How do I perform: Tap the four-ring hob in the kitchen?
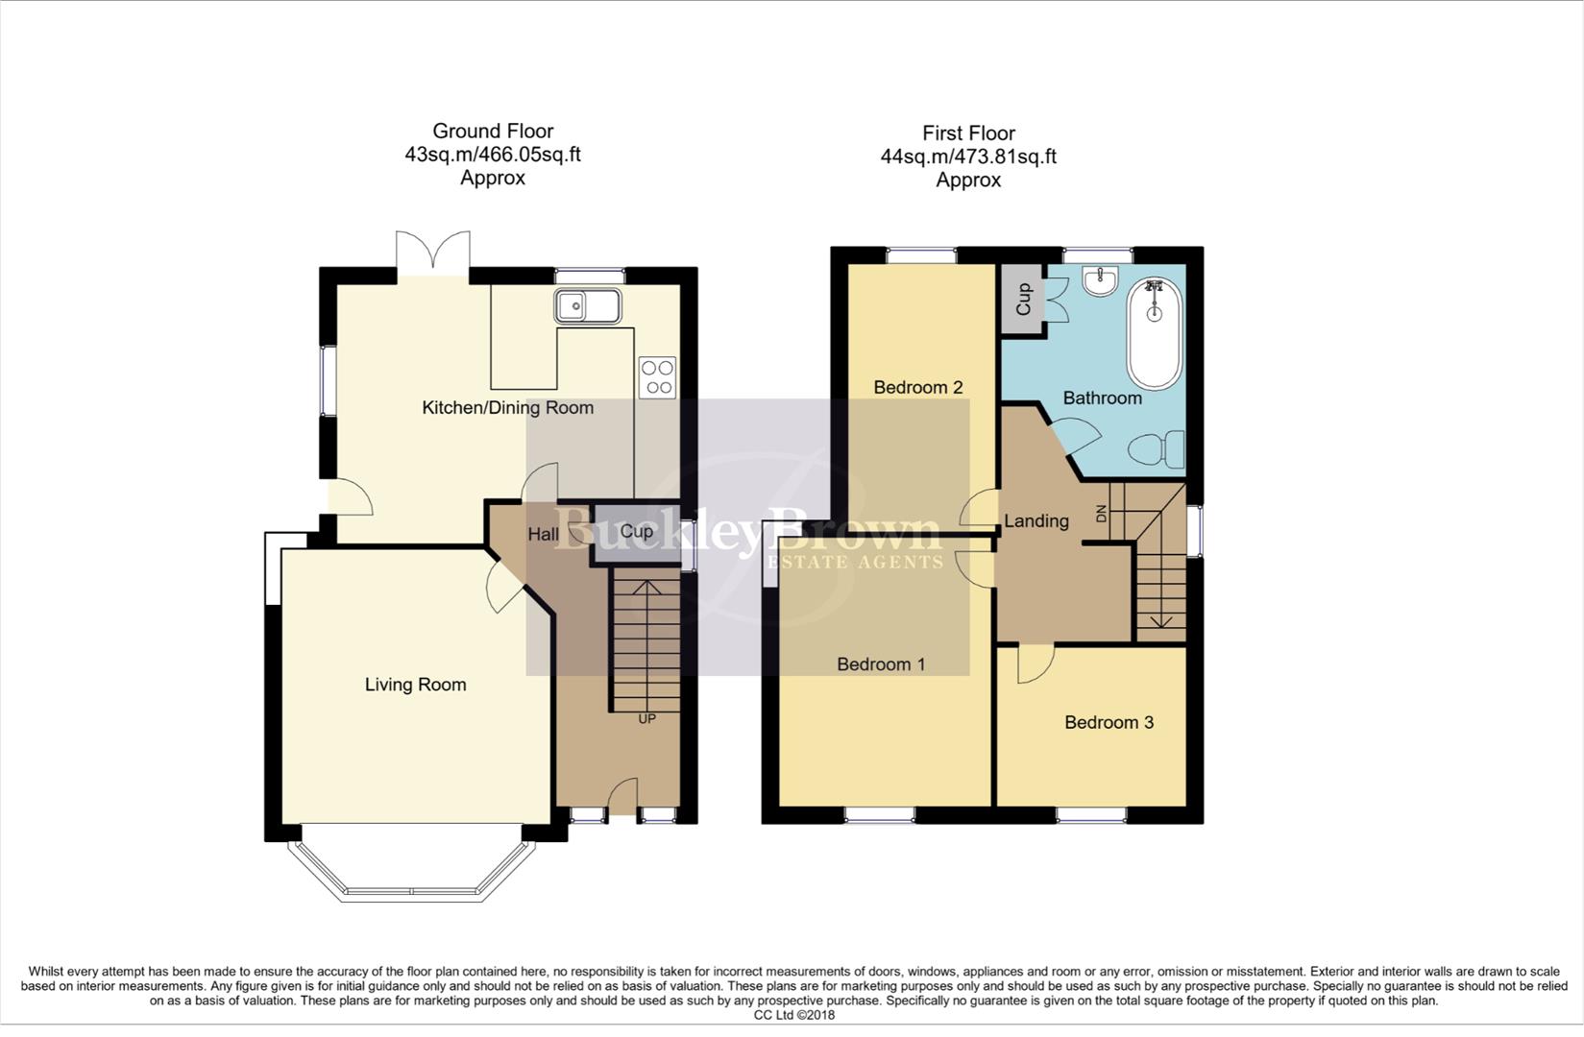click(658, 376)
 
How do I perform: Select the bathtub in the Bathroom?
click(1154, 333)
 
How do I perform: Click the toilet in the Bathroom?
click(1157, 449)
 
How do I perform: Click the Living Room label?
click(415, 685)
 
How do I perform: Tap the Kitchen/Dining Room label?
click(507, 408)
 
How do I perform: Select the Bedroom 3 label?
click(1109, 723)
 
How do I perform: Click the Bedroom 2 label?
click(917, 388)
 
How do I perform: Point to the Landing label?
click(1036, 521)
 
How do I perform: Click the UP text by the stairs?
click(646, 718)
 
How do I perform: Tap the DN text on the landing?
click(1102, 514)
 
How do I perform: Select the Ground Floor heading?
click(493, 131)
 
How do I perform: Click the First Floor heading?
click(968, 133)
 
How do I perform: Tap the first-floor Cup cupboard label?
click(1023, 299)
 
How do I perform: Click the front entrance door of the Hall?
click(623, 799)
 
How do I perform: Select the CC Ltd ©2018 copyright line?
click(793, 1015)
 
